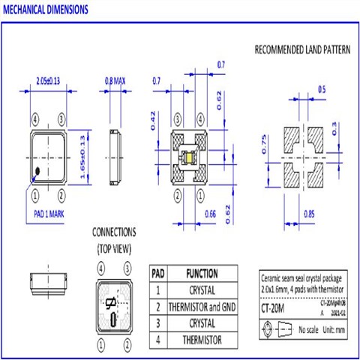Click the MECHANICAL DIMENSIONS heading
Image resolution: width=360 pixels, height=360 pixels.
(x=46, y=10)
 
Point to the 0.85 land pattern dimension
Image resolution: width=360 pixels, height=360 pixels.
(x=309, y=213)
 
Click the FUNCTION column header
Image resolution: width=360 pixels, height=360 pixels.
(x=202, y=274)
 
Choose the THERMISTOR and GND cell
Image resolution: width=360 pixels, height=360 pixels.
(x=202, y=307)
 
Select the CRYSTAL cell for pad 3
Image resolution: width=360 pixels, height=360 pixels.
(x=202, y=323)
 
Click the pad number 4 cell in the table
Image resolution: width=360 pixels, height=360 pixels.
(x=157, y=340)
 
